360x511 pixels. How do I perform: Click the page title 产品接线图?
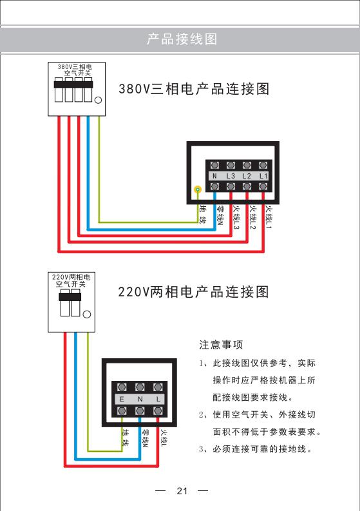pyautogui.click(x=182, y=39)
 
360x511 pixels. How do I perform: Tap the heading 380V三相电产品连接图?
pyautogui.click(x=194, y=89)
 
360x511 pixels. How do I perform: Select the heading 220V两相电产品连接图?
pyautogui.click(x=193, y=292)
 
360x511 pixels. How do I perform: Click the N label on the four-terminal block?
pyautogui.click(x=214, y=176)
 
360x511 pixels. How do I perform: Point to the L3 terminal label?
pyautogui.click(x=231, y=176)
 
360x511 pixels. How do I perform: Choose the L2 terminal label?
pyautogui.click(x=247, y=176)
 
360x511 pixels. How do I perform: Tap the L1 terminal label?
pyautogui.click(x=263, y=176)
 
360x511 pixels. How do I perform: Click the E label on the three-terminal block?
pyautogui.click(x=122, y=400)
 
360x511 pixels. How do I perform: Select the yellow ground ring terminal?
pyautogui.click(x=198, y=189)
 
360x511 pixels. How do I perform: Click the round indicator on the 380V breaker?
pyautogui.click(x=98, y=100)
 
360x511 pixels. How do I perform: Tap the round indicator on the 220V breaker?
pyautogui.click(x=87, y=314)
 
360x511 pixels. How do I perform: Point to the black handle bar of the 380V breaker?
pyautogui.click(x=73, y=84)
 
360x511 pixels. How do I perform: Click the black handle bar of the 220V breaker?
pyautogui.click(x=70, y=297)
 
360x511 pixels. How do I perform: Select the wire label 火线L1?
pyautogui.click(x=269, y=217)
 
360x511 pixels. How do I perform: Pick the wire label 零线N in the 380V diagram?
pyautogui.click(x=220, y=216)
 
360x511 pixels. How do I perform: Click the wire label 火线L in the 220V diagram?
pyautogui.click(x=164, y=438)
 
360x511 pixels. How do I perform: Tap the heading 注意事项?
pyautogui.click(x=221, y=345)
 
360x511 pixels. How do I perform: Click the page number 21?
pyautogui.click(x=182, y=491)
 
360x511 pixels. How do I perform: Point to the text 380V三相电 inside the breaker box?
pyautogui.click(x=75, y=67)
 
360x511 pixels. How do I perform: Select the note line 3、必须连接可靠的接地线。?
pyautogui.click(x=256, y=449)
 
